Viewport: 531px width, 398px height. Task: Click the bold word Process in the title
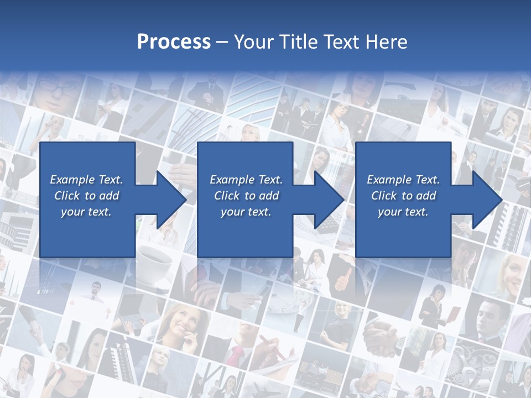tap(174, 42)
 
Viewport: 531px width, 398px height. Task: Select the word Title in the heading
tap(298, 42)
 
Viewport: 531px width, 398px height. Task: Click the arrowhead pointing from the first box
tap(168, 200)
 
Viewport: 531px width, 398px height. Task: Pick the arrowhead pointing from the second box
tap(326, 200)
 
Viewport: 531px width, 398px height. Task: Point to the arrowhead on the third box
tap(483, 200)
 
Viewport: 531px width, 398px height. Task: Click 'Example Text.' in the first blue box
tap(86, 180)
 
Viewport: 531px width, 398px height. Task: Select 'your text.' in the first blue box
tap(86, 212)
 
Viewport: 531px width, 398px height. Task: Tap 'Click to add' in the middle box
tap(246, 196)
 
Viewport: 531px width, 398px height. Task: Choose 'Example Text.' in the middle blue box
tap(246, 180)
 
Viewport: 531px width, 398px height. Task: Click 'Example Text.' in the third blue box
tap(403, 180)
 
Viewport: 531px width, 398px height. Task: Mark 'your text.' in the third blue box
tap(403, 212)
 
